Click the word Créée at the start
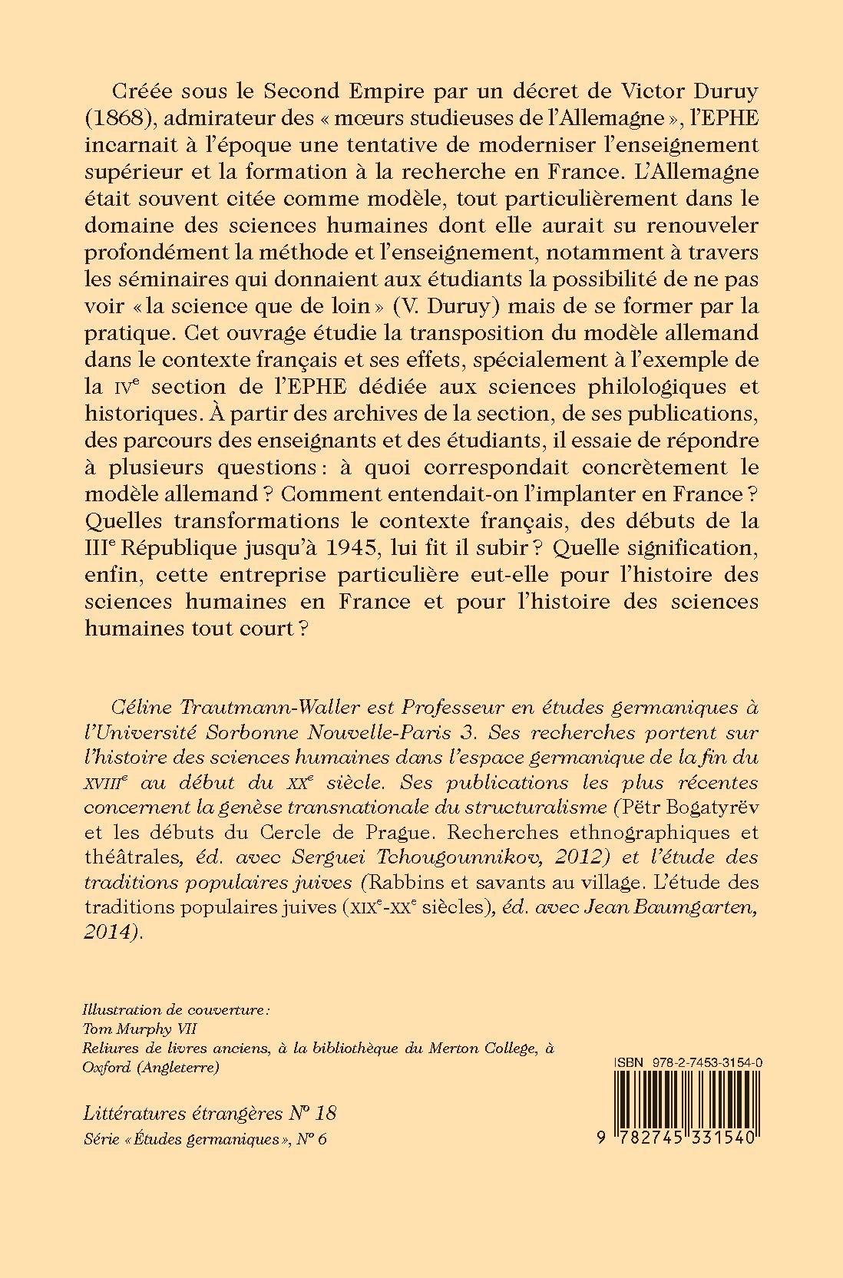pyautogui.click(x=143, y=91)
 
